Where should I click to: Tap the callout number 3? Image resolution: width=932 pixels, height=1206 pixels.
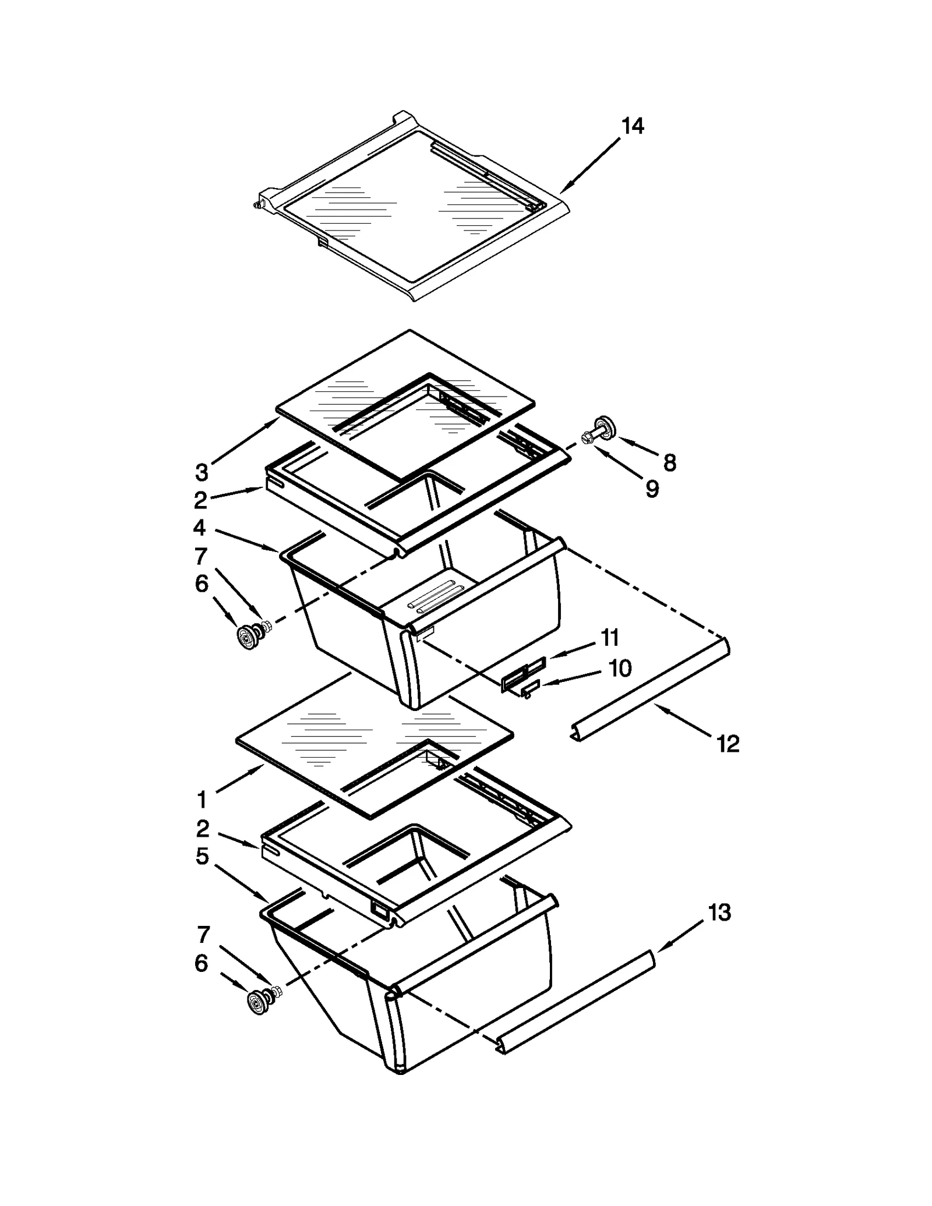tap(201, 472)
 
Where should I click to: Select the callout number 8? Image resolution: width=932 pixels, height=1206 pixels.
tap(670, 463)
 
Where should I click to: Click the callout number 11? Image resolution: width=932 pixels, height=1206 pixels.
tap(609, 638)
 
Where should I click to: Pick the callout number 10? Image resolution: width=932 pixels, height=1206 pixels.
tap(620, 668)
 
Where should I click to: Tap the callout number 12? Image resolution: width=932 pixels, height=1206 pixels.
tap(728, 743)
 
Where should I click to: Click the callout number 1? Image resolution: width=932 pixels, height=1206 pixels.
tap(202, 800)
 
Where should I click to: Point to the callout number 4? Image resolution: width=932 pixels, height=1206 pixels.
tap(199, 528)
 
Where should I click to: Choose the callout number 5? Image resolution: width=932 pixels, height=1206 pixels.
tap(202, 856)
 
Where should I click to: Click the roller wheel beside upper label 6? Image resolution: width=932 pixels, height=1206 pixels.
tap(249, 635)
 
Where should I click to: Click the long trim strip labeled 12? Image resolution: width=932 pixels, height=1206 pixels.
tap(649, 690)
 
